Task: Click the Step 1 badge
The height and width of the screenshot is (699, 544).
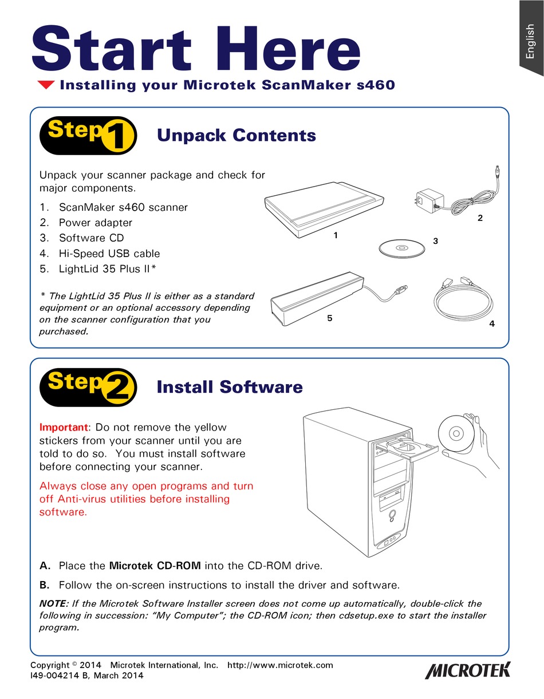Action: pos(88,135)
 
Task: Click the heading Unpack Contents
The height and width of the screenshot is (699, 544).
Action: pos(236,136)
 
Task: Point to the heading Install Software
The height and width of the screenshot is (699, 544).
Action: pos(230,387)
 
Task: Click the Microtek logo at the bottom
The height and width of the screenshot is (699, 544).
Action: pos(467,670)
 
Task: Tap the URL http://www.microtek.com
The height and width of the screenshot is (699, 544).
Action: pos(280,665)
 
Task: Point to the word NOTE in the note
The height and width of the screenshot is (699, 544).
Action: pos(53,603)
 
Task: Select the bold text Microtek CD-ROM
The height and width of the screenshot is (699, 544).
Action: pos(155,566)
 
